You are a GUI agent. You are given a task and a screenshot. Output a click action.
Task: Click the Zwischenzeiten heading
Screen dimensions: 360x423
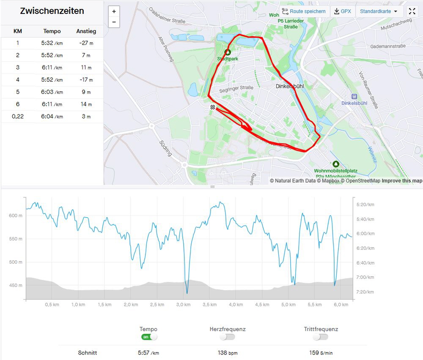52,11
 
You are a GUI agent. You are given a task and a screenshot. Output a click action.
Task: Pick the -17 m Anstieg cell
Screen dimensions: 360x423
86,80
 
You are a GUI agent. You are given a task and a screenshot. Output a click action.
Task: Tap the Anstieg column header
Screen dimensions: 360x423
86,31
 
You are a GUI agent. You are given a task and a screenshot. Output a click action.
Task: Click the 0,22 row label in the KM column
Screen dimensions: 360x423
18,117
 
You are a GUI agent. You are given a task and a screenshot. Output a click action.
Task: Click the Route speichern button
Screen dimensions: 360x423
304,11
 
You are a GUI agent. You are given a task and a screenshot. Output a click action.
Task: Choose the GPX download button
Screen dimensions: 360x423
342,11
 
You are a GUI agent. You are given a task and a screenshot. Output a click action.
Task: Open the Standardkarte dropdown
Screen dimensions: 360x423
379,11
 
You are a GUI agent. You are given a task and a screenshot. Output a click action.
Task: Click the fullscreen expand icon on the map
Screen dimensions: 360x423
412,11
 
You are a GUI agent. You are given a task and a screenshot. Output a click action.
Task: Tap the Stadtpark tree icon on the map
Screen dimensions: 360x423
228,52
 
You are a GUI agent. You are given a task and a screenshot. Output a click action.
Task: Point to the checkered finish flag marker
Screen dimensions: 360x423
212,107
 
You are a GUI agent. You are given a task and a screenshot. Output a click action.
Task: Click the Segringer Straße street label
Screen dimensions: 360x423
236,88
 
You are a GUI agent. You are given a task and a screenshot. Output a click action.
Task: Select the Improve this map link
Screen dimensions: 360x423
402,181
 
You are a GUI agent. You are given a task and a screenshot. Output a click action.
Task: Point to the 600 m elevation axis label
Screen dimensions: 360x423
16,215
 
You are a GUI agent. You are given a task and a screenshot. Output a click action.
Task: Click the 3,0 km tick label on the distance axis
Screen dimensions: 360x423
183,305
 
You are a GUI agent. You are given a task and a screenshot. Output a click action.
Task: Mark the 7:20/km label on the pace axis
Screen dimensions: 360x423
365,292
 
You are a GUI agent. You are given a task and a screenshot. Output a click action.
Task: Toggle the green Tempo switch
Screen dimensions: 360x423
149,337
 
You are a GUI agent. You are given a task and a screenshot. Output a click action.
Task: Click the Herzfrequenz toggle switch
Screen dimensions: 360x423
228,337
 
